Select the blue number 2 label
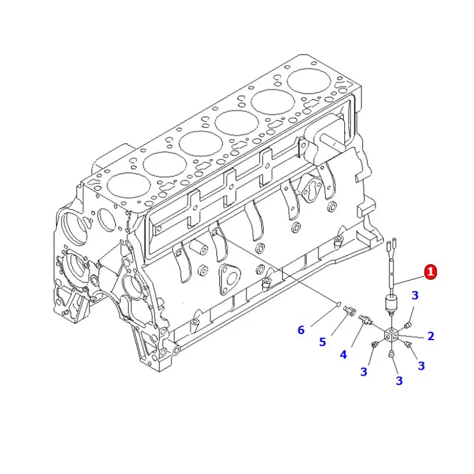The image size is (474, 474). tap(431, 336)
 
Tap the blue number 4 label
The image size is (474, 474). tap(343, 355)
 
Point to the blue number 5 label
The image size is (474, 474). tap(322, 342)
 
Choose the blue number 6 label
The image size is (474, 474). tap(301, 329)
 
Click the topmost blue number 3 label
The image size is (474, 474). tap(415, 296)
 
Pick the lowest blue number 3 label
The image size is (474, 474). tap(399, 380)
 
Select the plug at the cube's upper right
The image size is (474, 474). tap(408, 325)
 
